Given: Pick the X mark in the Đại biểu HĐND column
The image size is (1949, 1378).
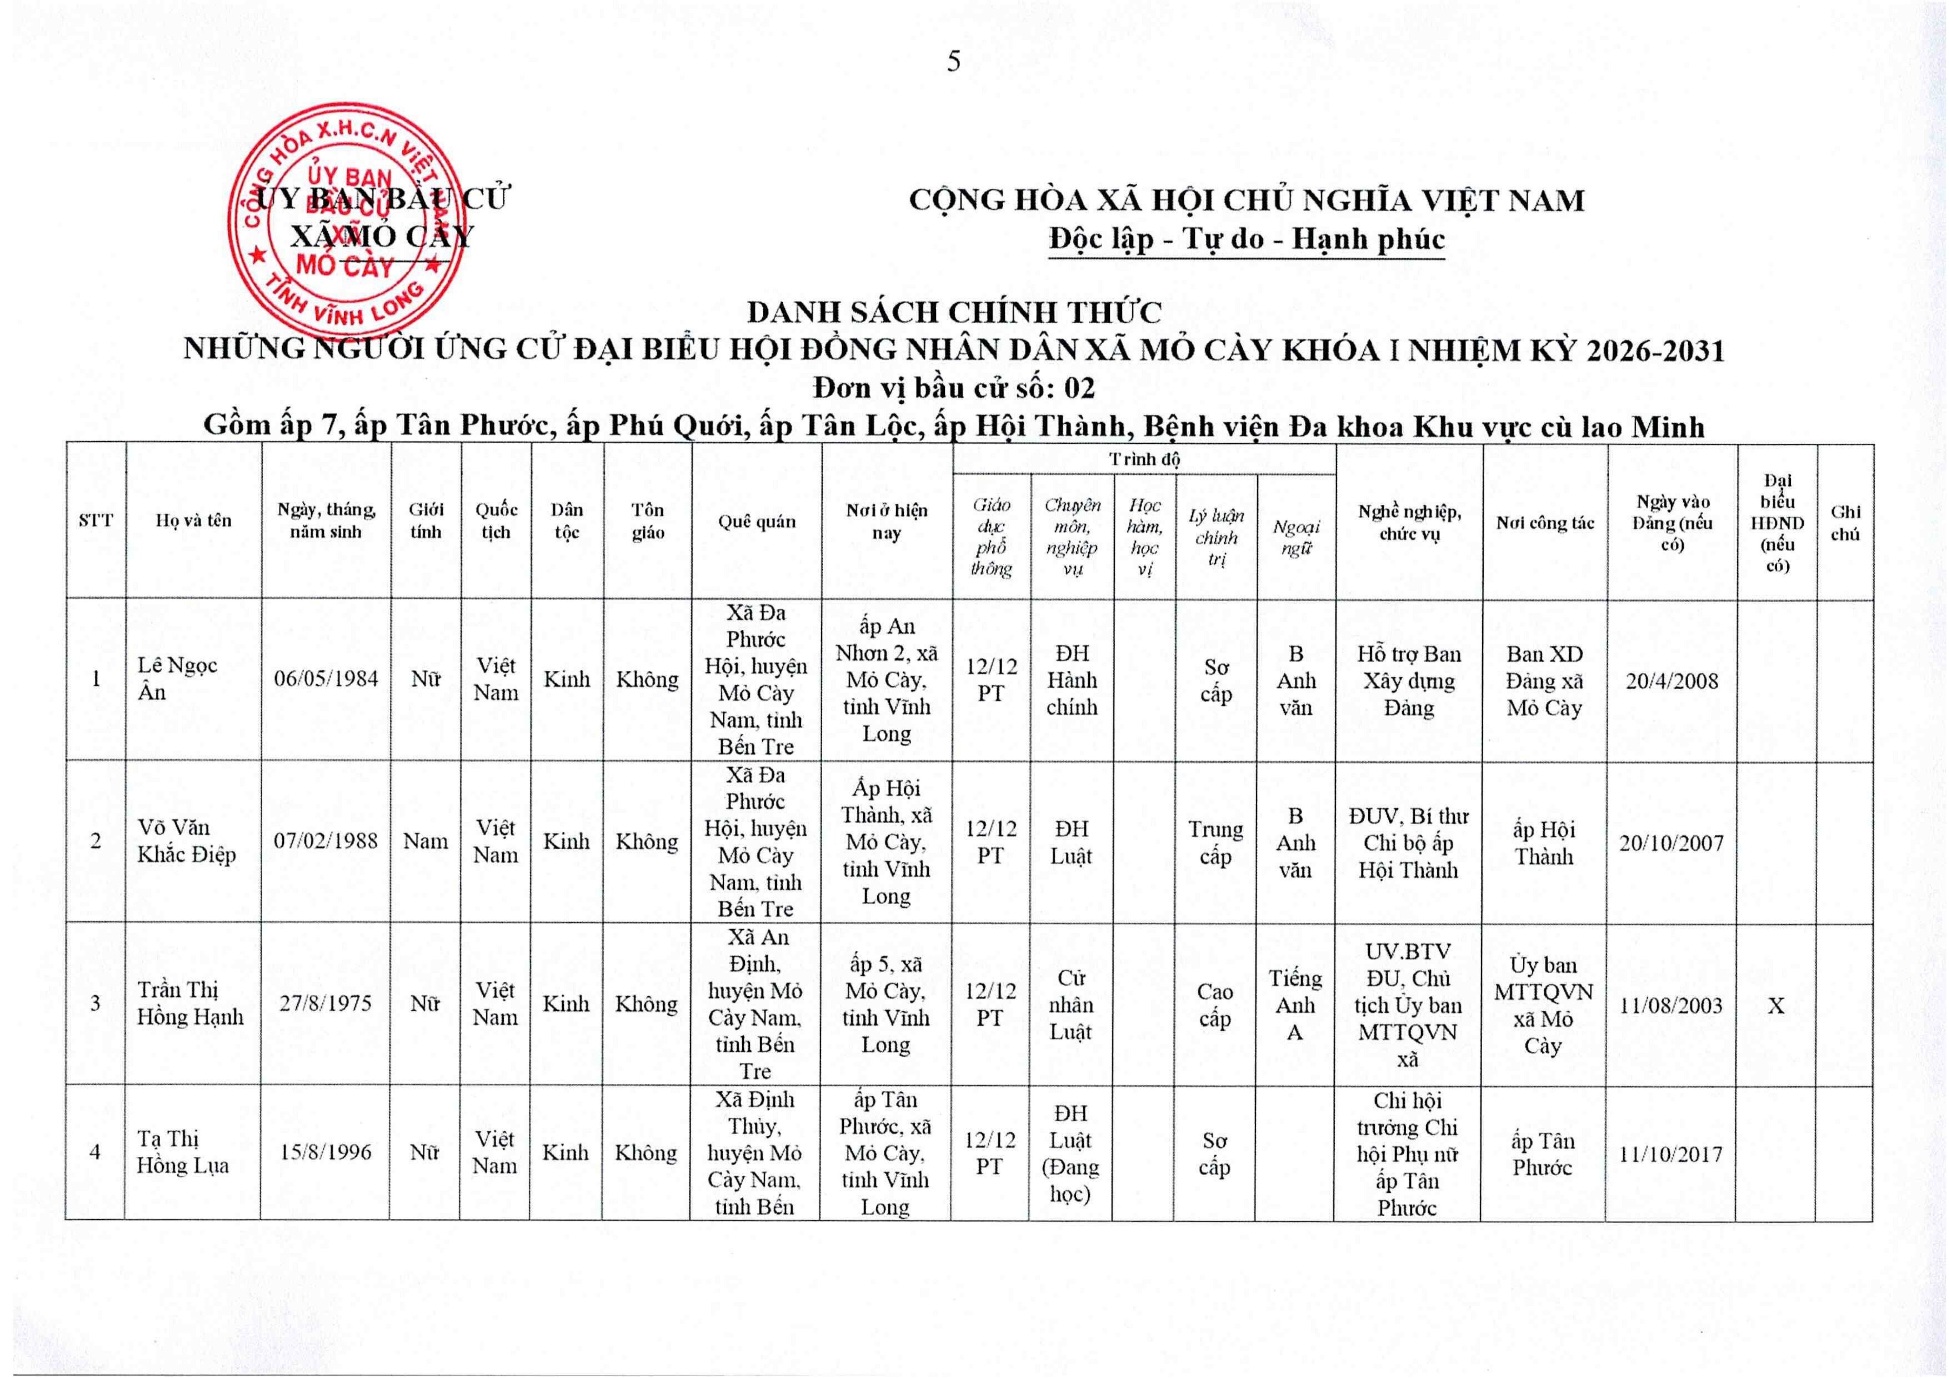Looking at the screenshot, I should click(1776, 1006).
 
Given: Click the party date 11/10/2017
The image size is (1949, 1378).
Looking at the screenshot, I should click(1671, 1154).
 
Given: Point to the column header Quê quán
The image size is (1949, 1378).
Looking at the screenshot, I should click(756, 521).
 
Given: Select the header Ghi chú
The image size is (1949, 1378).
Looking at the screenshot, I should click(1845, 522).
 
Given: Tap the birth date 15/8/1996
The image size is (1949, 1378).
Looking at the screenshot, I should click(326, 1152).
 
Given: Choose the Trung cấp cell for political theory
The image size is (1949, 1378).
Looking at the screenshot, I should click(1215, 843).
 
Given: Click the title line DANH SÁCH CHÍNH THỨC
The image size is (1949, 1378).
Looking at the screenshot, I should click(954, 312).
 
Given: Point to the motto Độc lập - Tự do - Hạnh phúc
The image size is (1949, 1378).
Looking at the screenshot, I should click(1246, 239).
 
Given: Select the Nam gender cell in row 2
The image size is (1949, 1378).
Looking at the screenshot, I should click(425, 841).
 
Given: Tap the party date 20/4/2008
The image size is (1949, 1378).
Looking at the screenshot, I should click(1671, 681).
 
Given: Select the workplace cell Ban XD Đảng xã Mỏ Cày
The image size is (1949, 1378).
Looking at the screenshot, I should click(1544, 681).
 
